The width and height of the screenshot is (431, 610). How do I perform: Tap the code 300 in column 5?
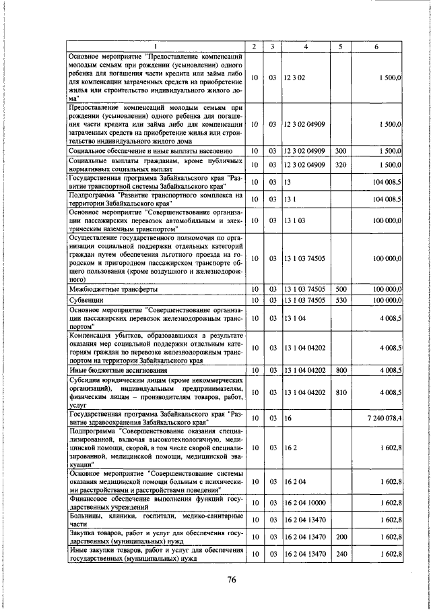coord(340,150)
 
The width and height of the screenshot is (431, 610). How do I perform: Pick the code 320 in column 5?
coord(340,164)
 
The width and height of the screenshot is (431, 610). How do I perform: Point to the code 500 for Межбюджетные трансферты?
coord(340,289)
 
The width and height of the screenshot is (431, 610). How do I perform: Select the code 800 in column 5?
coord(340,370)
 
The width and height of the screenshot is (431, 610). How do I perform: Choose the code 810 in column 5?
coord(340,392)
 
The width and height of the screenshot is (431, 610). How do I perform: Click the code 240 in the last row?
coord(340,553)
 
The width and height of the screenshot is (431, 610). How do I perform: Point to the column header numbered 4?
coord(305,46)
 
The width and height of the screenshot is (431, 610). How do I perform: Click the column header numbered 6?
coord(376,46)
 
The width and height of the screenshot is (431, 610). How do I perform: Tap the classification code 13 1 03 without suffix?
coord(295,220)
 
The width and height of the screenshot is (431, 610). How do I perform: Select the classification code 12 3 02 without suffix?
coord(295,78)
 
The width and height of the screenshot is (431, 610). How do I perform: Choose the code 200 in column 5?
coord(340,537)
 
